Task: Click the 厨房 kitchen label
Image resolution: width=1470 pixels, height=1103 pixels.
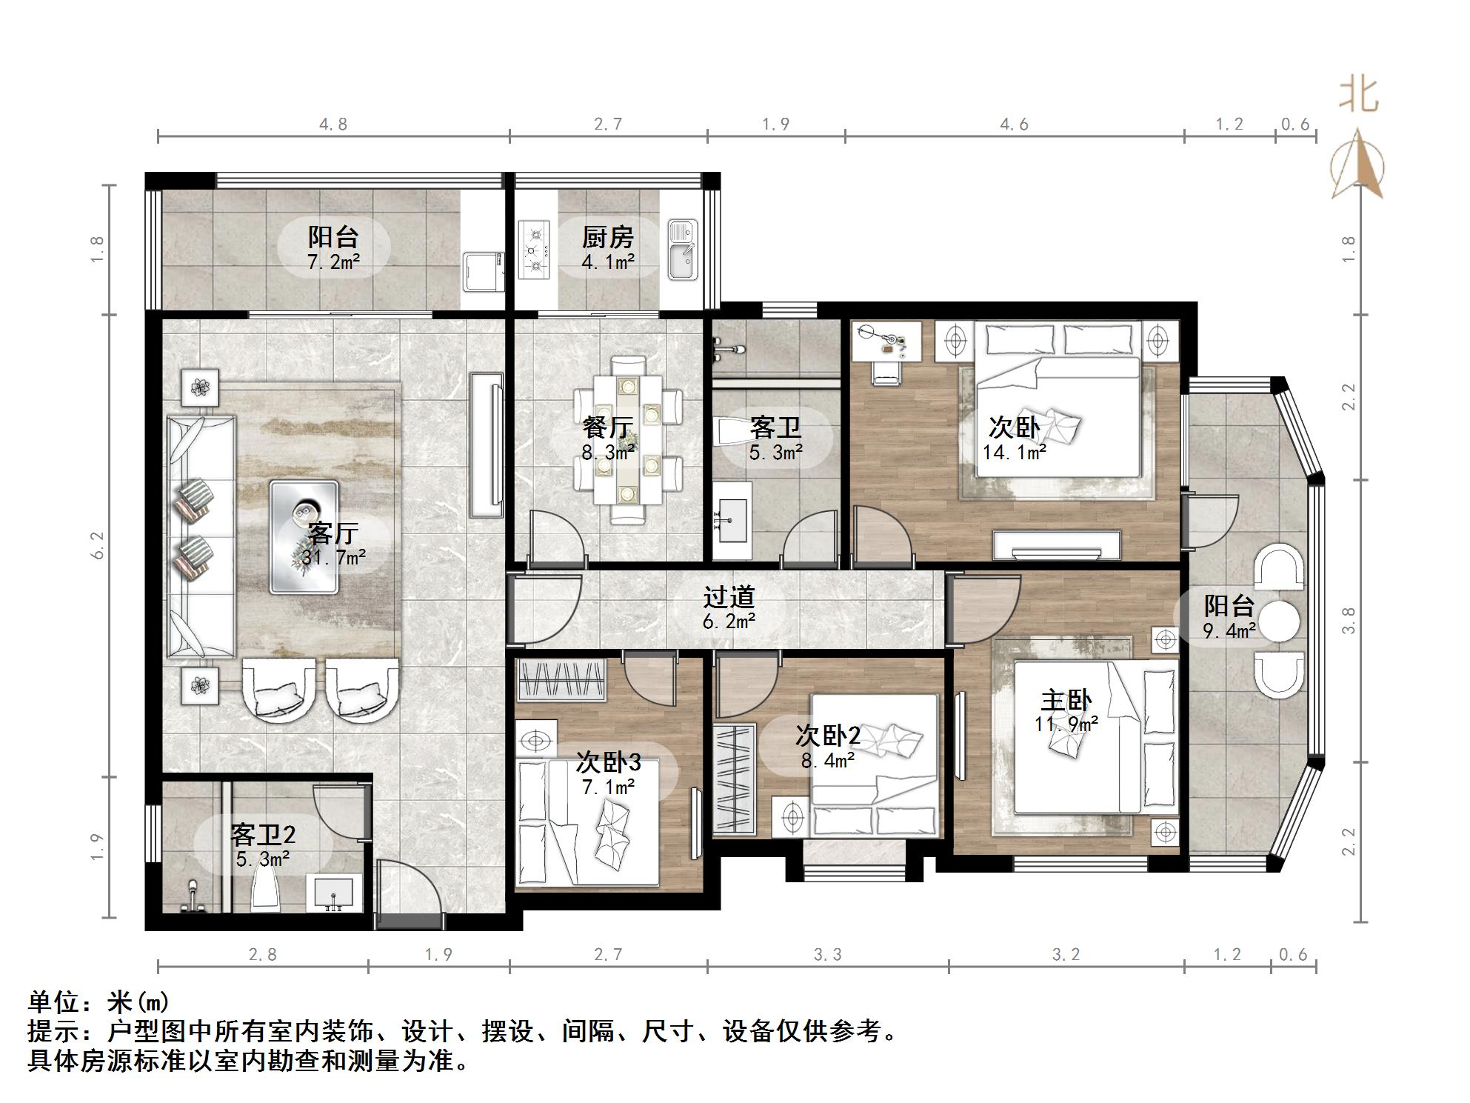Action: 607,237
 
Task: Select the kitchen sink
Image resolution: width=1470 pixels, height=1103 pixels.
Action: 683,250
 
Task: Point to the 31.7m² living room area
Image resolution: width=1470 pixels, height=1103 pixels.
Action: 333,557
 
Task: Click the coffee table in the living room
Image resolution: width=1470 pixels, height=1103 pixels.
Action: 304,537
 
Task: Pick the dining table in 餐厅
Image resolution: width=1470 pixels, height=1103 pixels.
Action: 629,440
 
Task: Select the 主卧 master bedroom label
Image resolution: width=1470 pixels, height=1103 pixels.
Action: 1066,700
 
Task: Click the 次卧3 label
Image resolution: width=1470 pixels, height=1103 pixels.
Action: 608,762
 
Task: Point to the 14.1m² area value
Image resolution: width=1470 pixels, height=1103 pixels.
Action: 1014,452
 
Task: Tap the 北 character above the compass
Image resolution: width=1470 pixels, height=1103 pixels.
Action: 1358,94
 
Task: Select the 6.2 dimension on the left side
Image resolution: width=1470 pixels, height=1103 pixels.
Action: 98,545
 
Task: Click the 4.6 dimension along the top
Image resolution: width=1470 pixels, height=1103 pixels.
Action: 1015,124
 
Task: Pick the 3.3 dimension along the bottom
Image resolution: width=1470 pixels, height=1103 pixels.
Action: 828,955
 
